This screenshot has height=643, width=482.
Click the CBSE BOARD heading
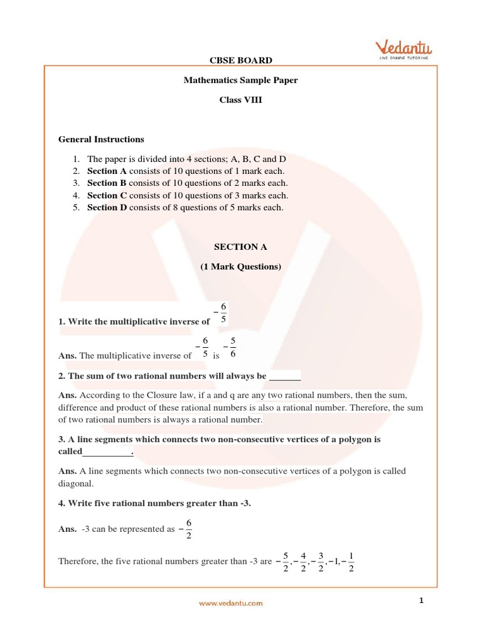pos(240,61)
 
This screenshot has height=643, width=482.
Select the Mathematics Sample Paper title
pos(240,80)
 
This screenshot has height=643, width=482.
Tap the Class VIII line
pos(240,100)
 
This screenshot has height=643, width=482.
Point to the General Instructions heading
pos(101,139)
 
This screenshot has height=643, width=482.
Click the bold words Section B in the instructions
pos(102,183)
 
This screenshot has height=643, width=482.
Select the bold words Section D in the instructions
pos(103,208)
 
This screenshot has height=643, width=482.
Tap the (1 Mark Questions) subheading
pos(240,267)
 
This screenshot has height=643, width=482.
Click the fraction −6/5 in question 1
pos(221,314)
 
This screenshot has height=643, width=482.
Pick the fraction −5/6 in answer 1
pos(230,348)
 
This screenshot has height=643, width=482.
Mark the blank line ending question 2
pos(285,376)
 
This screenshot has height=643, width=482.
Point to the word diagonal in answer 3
pos(76,484)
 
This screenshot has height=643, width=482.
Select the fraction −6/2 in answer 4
pos(187,529)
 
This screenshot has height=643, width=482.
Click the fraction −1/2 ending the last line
pos(348,561)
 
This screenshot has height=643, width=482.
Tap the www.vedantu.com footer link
pos(231,603)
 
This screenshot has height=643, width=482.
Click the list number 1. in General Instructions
pos(75,159)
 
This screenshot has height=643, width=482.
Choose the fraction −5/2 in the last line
pos(284,561)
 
